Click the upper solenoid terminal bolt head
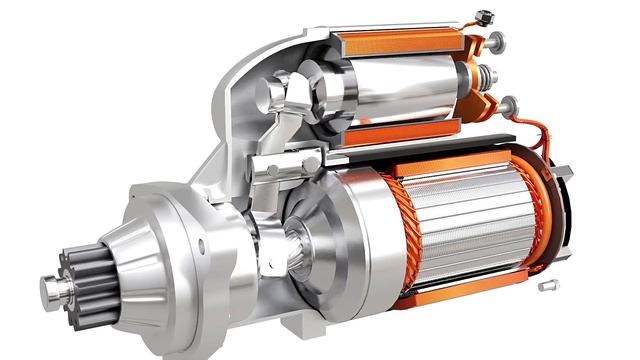[496, 41]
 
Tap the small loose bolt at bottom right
[547, 287]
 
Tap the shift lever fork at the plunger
[290, 100]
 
